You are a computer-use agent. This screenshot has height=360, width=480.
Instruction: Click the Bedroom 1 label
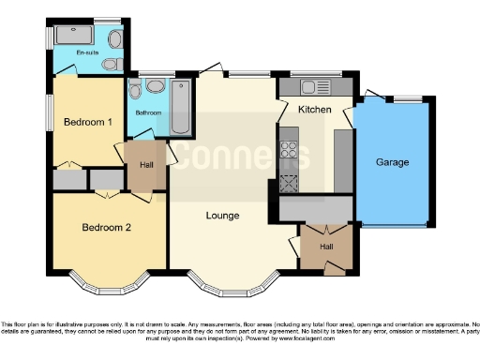pyautogui.click(x=88, y=122)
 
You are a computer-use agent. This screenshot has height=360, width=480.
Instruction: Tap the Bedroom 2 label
pyautogui.click(x=105, y=228)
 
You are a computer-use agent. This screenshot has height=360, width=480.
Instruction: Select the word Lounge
pyautogui.click(x=223, y=216)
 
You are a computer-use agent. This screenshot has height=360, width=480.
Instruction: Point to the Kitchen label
pyautogui.click(x=314, y=110)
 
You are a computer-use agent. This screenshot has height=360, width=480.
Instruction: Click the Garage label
pyautogui.click(x=392, y=162)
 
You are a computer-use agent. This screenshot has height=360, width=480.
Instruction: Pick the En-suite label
pyautogui.click(x=87, y=53)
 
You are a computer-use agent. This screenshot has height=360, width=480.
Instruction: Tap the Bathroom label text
pyautogui.click(x=148, y=112)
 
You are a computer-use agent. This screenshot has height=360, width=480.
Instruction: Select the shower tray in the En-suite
pyautogui.click(x=73, y=35)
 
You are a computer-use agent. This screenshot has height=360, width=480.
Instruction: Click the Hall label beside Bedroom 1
pyautogui.click(x=146, y=165)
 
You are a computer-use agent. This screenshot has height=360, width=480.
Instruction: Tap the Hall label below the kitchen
pyautogui.click(x=324, y=246)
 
